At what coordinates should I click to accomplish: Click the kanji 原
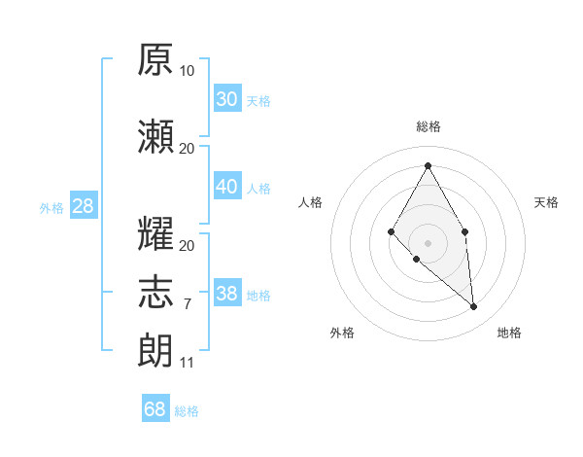[155, 59]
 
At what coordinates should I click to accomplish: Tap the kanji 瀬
[155, 136]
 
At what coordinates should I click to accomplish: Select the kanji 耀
[155, 233]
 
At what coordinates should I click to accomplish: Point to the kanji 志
[155, 292]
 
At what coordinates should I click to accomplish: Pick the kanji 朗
[155, 351]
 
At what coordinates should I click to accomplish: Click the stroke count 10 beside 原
[187, 71]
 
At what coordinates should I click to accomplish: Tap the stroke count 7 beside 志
[188, 304]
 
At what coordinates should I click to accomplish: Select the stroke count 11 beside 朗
[187, 363]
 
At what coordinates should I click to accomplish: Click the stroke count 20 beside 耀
[187, 246]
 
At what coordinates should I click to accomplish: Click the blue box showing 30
[227, 98]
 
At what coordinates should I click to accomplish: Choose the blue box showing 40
[227, 186]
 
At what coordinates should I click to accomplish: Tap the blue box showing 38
[227, 292]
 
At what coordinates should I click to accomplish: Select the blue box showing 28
[84, 205]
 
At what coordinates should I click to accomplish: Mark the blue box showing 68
[155, 407]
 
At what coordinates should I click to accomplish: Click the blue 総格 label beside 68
[187, 411]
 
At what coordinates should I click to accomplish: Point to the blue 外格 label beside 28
[51, 208]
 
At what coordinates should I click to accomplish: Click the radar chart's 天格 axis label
[546, 202]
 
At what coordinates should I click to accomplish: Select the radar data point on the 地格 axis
[473, 306]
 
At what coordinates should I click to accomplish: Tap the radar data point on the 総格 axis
[428, 165]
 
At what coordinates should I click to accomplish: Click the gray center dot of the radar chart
[428, 243]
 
